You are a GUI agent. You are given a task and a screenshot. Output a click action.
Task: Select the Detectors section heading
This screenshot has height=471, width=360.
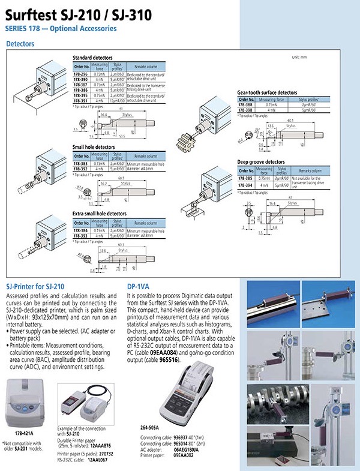[x=20, y=44]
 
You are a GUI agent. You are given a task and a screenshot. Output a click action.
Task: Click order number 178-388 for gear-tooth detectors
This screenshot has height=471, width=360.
[x=245, y=106]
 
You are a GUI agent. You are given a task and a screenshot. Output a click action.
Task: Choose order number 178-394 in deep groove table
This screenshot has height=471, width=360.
[x=245, y=185]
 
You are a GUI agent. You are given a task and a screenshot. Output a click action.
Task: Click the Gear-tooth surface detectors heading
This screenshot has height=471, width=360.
[x=267, y=93]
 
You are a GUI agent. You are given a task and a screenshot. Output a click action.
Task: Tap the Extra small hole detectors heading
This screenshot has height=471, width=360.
[x=100, y=214]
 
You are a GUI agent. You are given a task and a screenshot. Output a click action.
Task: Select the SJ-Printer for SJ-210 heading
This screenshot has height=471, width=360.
[x=35, y=287]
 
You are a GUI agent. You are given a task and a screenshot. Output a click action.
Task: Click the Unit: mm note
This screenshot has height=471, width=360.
[x=299, y=58]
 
